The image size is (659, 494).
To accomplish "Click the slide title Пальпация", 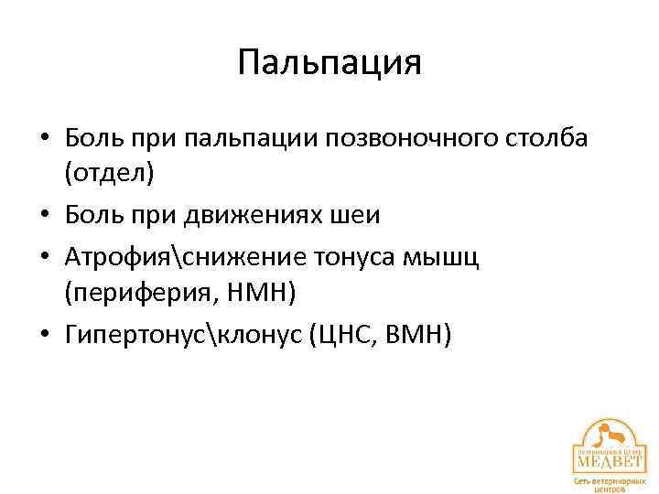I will [329, 63].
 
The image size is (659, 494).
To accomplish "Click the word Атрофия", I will [117, 259].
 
